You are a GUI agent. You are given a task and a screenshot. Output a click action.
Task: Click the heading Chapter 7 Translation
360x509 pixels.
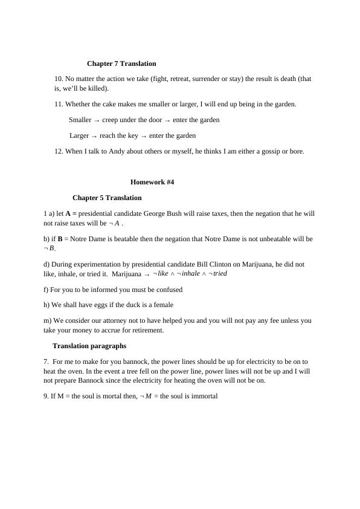(x=121, y=63)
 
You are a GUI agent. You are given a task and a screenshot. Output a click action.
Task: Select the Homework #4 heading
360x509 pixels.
(x=152, y=182)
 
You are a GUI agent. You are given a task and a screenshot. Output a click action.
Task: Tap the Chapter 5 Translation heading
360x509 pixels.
(x=107, y=198)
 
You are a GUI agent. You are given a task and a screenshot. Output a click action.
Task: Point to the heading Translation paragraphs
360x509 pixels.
(x=89, y=346)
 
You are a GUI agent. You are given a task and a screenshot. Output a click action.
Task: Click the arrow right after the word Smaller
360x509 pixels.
(x=97, y=120)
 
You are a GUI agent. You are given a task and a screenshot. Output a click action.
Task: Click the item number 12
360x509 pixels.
(x=59, y=151)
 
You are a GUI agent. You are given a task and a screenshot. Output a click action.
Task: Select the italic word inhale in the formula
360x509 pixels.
(x=190, y=274)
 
